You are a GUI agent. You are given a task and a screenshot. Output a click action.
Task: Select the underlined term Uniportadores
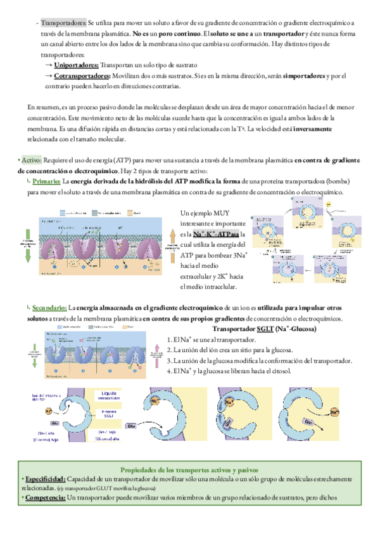coord(76,65)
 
